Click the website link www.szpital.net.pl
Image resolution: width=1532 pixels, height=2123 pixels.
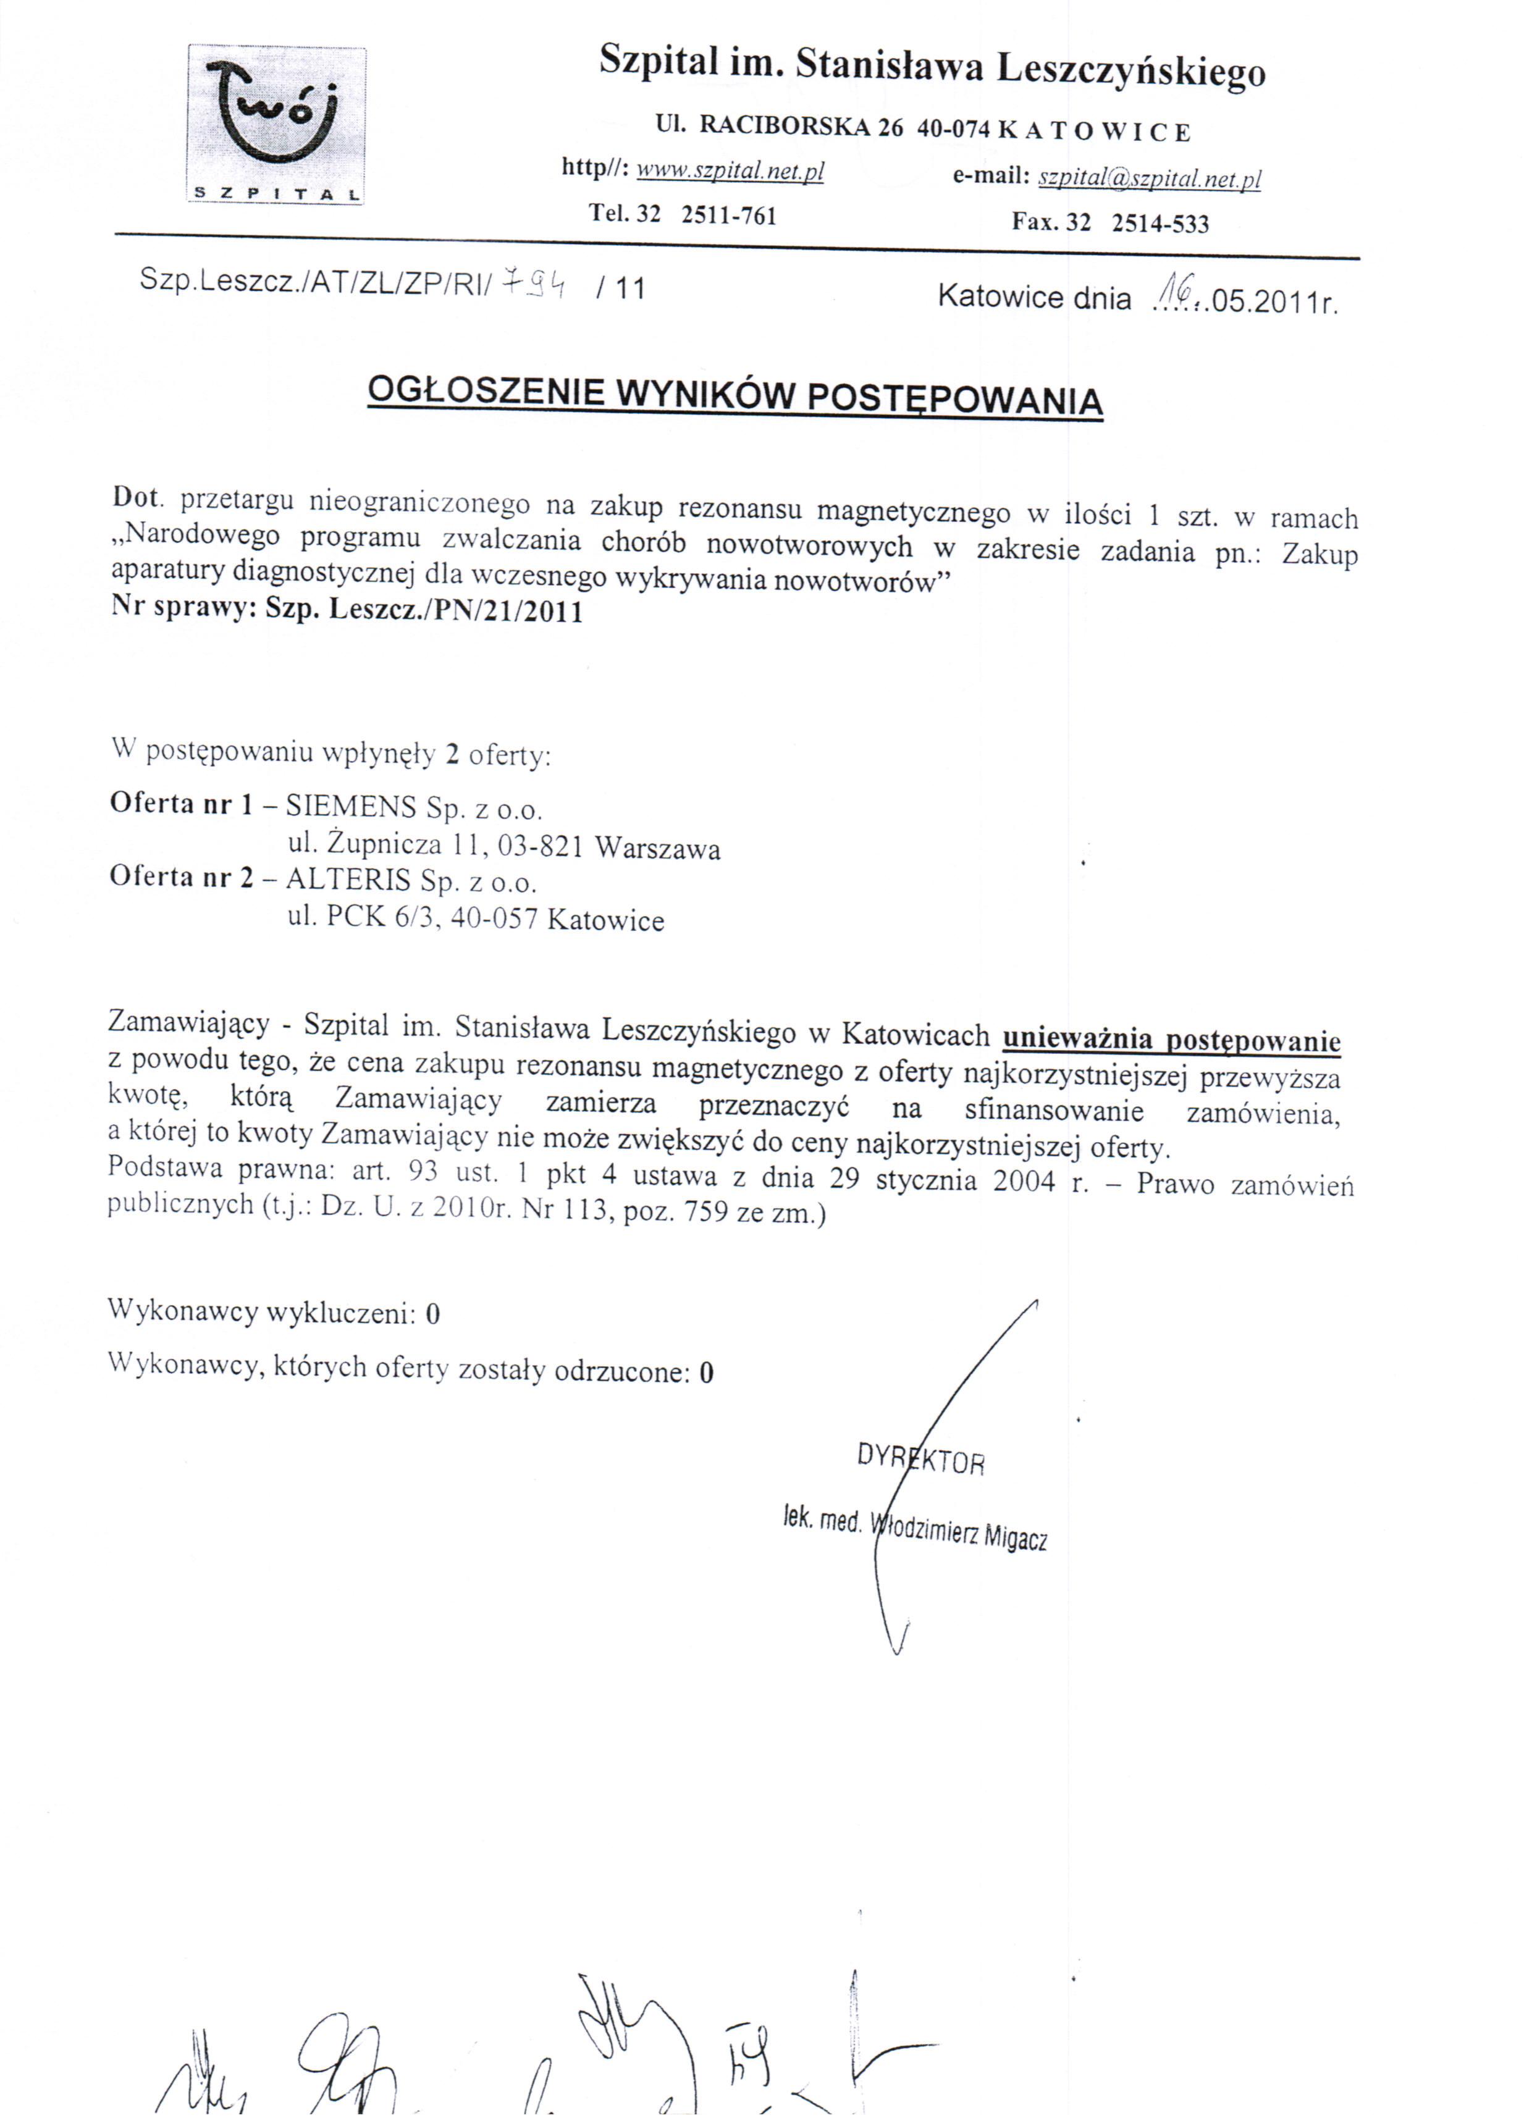point(730,171)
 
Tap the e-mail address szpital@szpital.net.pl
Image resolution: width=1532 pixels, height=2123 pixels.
point(1150,178)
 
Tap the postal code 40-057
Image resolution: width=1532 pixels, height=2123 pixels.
point(494,919)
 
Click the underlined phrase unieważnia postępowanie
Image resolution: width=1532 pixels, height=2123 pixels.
point(1171,1040)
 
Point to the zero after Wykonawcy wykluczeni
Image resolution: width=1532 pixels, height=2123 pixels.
point(432,1314)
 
